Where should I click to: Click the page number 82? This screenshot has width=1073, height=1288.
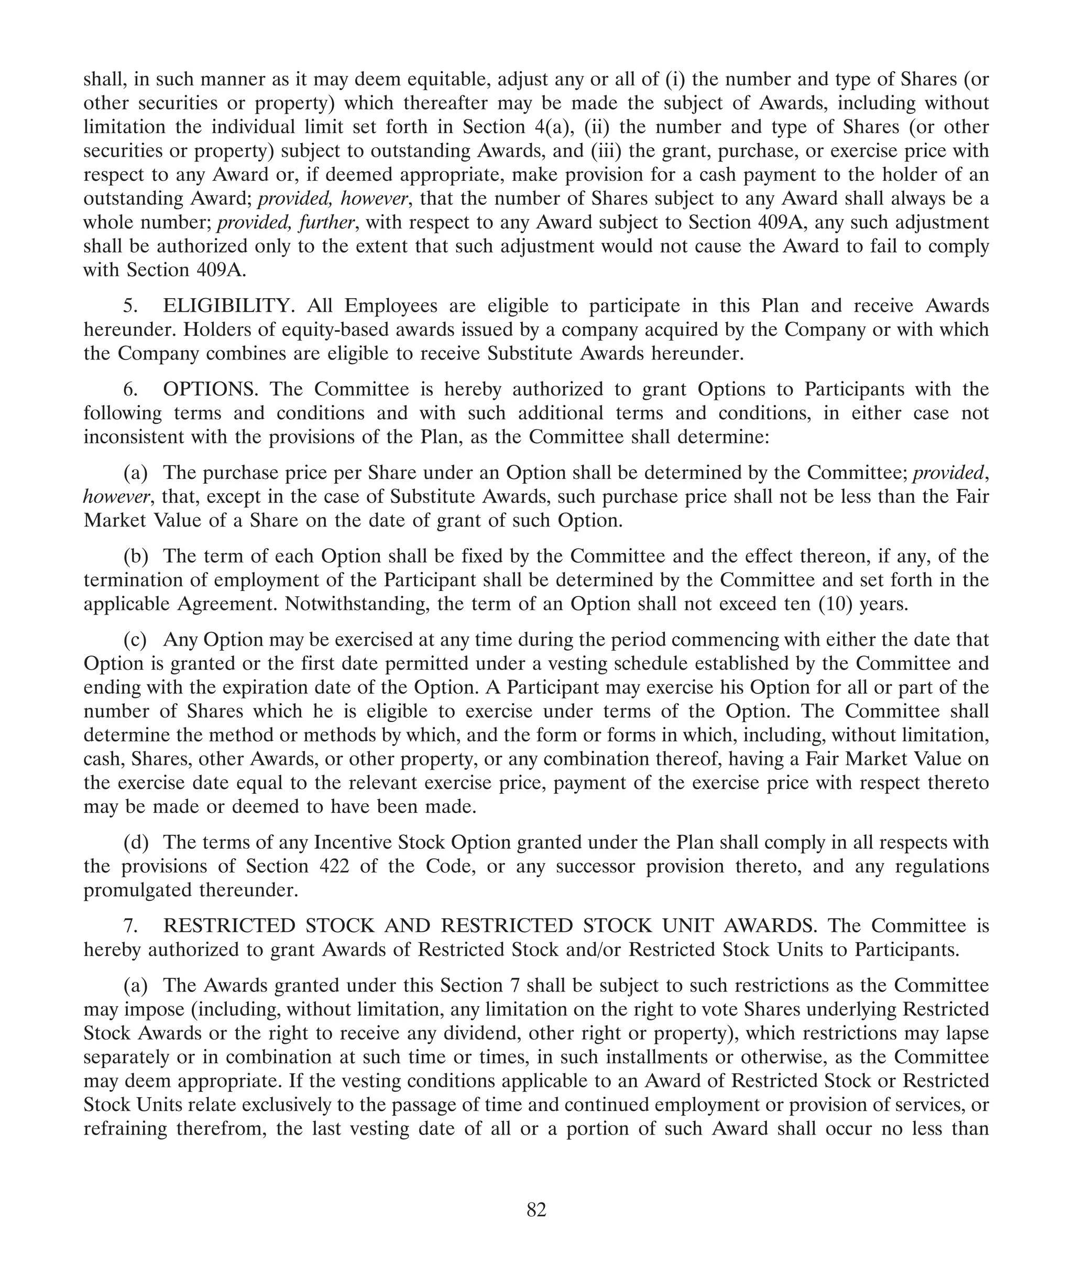point(536,1209)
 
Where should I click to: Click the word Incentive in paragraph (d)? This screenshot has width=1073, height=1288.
point(353,842)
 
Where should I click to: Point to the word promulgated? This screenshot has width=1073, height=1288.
point(138,890)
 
